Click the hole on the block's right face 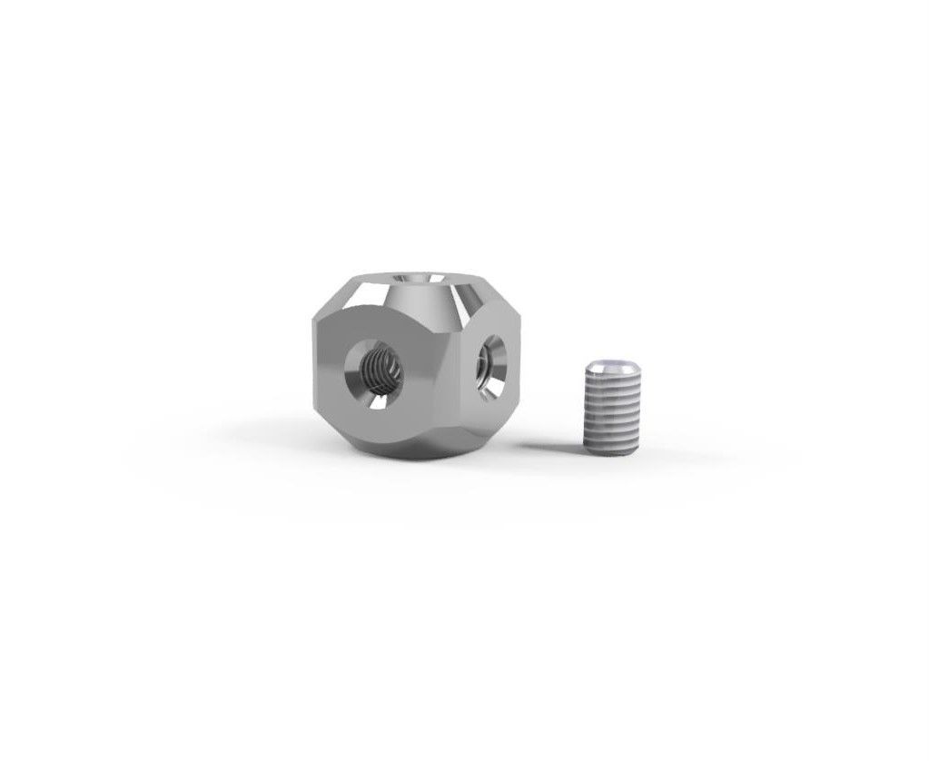tap(494, 362)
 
